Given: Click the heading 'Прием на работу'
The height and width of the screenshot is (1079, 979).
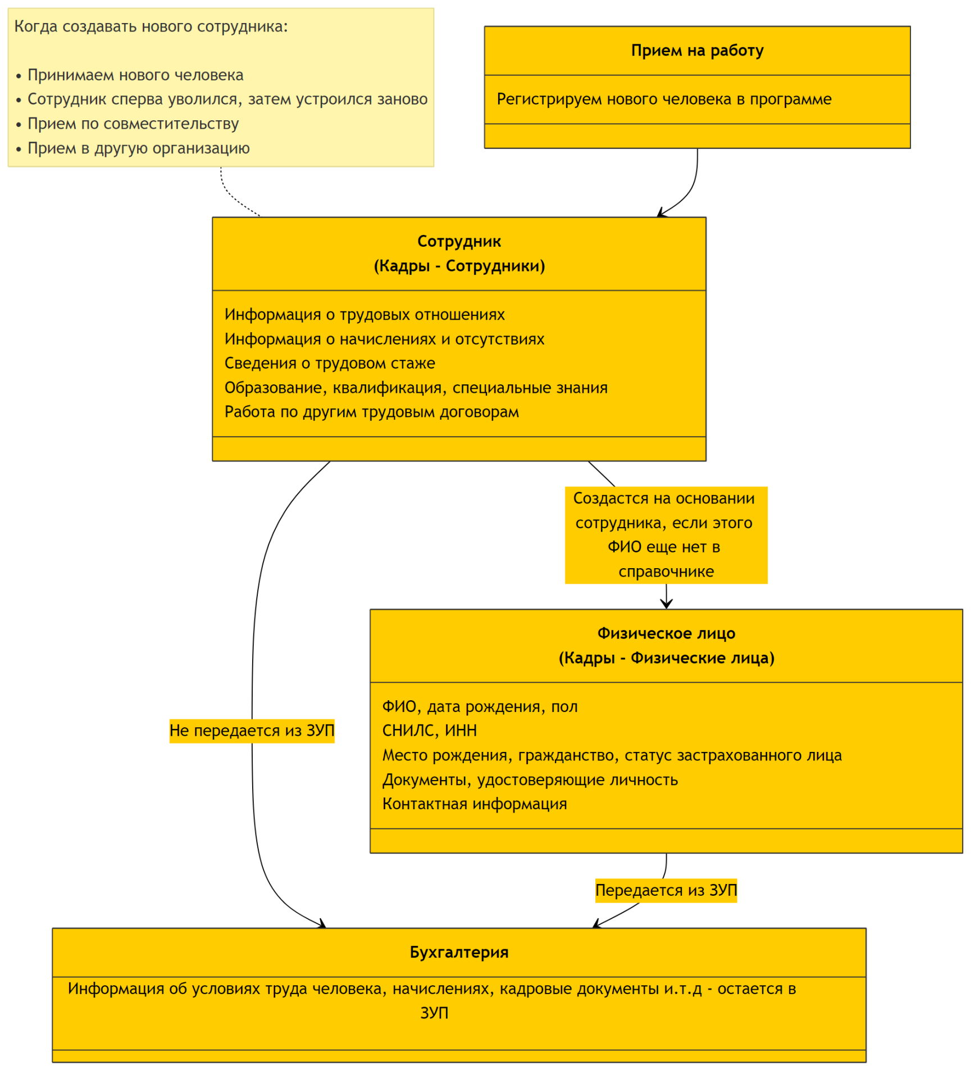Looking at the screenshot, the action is [697, 51].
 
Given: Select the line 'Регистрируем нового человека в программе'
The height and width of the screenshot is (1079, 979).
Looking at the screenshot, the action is [664, 99].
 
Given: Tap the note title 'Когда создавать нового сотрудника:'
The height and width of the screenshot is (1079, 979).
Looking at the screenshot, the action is [151, 26].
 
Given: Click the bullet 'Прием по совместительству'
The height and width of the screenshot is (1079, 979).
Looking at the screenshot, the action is [133, 124].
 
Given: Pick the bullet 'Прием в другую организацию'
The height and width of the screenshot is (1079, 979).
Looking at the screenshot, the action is [139, 148].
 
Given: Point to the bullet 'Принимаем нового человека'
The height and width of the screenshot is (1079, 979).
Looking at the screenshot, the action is [135, 75].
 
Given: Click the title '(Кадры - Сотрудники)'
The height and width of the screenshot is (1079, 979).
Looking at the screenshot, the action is [459, 266].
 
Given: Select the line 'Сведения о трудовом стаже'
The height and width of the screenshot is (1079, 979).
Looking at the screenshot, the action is [330, 363].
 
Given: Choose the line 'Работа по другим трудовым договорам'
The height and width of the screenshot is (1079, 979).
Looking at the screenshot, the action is [372, 412].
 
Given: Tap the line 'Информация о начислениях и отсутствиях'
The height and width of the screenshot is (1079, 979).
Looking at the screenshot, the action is [384, 339].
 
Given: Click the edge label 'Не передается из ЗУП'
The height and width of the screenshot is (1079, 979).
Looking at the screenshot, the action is [252, 731].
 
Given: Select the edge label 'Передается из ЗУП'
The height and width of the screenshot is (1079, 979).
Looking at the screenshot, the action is [666, 890].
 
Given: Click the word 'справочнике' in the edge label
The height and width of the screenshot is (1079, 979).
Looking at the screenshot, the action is [666, 572].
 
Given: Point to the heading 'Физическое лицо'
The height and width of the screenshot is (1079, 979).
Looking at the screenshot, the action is [666, 633].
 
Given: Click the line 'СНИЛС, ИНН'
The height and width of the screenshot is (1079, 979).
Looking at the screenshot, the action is [430, 731].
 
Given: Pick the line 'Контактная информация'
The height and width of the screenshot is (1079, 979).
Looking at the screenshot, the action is [475, 804].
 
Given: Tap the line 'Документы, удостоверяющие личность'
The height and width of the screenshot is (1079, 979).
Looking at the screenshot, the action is [530, 779].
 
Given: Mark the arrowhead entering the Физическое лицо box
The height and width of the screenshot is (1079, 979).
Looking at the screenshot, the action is [666, 604].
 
